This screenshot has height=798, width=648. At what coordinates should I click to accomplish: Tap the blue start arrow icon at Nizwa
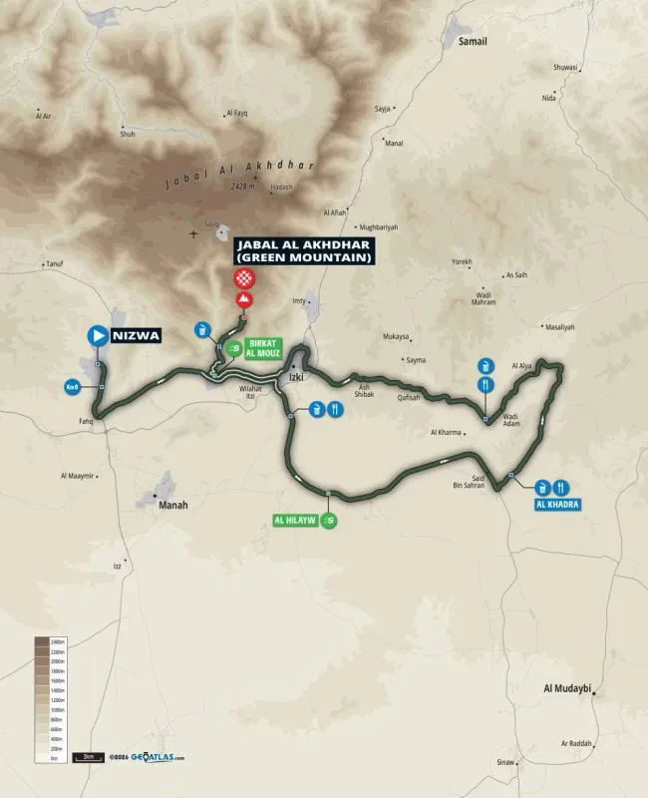(98, 335)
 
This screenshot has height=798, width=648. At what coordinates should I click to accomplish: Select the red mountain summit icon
(242, 300)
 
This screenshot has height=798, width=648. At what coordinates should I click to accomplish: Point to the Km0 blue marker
(73, 387)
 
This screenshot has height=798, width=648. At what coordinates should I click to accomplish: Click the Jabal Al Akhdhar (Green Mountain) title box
(303, 251)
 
